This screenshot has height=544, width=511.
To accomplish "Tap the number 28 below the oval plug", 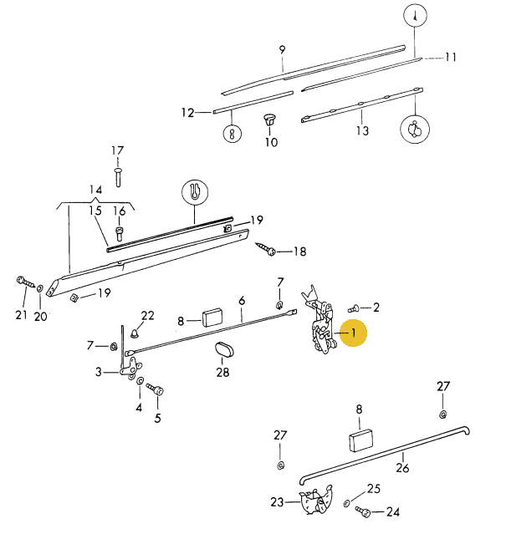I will coord(222,373).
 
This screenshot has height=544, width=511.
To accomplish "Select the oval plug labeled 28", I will coord(222,350).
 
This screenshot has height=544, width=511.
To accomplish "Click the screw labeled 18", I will coord(265,250).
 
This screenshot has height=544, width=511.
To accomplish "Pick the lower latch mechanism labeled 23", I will coord(314,502).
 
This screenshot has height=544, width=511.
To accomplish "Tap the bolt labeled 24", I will coord(362,510).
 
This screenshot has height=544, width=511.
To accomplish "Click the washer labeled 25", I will coord(348,503).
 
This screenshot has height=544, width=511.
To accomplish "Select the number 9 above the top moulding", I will coord(282,49).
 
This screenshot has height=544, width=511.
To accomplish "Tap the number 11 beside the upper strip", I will coord(451,58).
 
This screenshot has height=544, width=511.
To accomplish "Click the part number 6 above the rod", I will coord(242,301).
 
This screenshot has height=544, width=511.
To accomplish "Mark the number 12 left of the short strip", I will coord(187,112).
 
